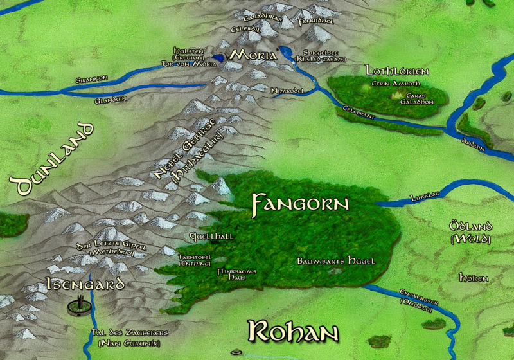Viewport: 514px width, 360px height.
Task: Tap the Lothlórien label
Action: [x=396, y=69]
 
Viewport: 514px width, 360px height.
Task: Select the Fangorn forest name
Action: [x=300, y=204]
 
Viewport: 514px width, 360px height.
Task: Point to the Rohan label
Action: [x=293, y=332]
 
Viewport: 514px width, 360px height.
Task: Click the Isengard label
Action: [x=85, y=284]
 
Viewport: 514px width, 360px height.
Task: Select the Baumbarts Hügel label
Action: [x=336, y=261]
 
